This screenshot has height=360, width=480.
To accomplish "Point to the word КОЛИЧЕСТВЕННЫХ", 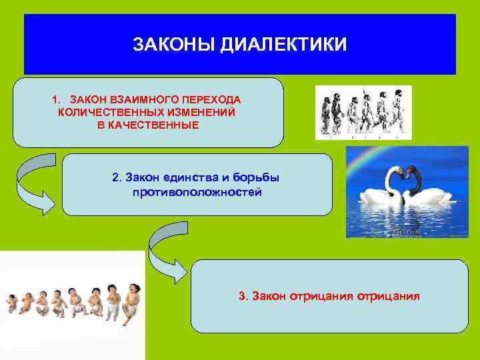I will [107, 112].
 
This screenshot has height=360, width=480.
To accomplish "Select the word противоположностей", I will [197, 192].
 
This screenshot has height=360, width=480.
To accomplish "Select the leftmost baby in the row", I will [11, 303].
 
